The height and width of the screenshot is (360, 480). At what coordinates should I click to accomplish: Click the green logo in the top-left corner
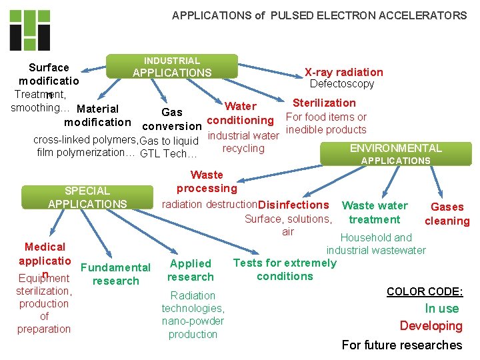point(30,31)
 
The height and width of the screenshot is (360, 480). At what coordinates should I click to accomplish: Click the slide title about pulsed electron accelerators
point(319,15)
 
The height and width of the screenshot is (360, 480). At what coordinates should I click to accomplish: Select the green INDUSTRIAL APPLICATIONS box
point(172,67)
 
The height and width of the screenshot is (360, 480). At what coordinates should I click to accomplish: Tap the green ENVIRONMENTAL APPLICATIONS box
point(395,153)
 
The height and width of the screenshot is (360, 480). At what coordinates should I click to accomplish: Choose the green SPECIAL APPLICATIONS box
point(87,197)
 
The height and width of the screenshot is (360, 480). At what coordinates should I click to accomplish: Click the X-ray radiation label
point(343,72)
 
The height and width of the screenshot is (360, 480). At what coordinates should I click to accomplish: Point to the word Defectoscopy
point(342,84)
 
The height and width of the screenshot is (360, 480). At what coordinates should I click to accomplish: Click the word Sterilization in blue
point(324,103)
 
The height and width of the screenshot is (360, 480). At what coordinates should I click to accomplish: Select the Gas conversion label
point(172,119)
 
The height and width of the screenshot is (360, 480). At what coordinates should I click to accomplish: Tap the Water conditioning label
point(240,113)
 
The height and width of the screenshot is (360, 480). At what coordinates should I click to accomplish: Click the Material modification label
point(97,115)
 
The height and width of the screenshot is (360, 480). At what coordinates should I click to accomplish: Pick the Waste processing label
point(207,181)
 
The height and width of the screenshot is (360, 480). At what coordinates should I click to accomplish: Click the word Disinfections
point(293,205)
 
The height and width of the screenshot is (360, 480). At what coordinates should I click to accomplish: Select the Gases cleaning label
point(447,214)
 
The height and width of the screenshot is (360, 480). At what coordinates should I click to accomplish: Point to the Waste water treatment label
point(375,213)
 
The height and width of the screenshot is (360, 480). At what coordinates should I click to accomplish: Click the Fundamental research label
point(115,274)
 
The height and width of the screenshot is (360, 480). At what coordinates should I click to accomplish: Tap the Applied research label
point(191,270)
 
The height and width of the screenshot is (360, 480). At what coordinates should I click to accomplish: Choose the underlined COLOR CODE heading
point(425,291)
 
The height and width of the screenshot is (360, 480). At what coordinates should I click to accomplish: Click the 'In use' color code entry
point(443,308)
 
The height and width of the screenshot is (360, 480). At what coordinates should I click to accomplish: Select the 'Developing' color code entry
point(431,326)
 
